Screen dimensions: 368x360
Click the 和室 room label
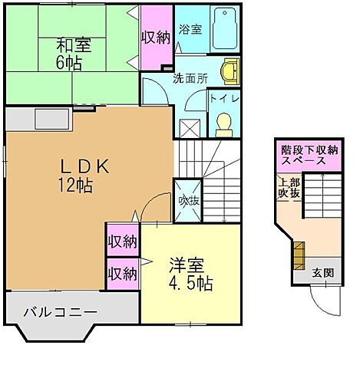pyautogui.click(x=73, y=45)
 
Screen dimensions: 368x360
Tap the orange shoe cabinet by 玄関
pyautogui.click(x=297, y=253)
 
